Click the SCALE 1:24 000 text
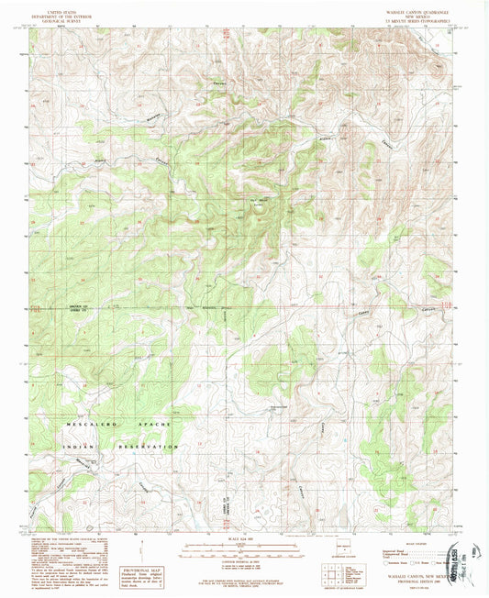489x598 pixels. click(238, 537)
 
